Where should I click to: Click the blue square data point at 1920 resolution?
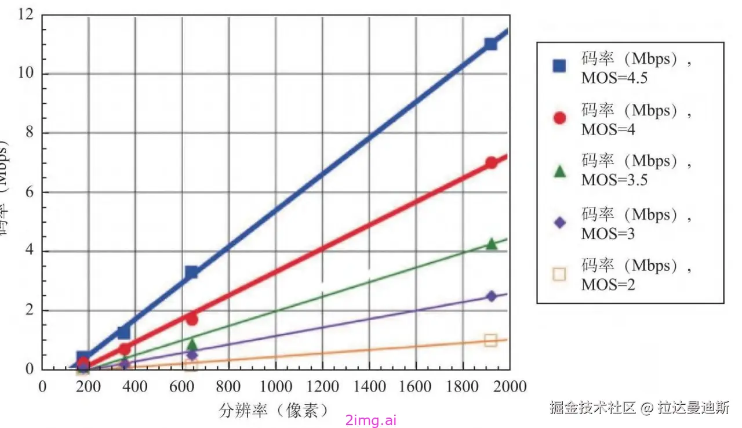(x=490, y=44)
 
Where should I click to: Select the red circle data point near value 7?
(x=491, y=163)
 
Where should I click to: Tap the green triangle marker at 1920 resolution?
(x=492, y=244)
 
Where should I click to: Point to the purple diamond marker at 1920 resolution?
(x=492, y=296)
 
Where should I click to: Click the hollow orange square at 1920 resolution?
(x=490, y=340)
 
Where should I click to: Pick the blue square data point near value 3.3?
(x=191, y=272)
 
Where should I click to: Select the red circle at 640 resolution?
(x=192, y=320)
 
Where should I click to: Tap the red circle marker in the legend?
(x=559, y=118)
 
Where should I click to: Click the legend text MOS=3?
(x=608, y=234)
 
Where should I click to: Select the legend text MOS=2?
(x=608, y=285)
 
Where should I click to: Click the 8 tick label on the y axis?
(x=30, y=133)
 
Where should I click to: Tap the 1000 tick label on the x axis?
(x=275, y=386)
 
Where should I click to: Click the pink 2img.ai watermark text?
(x=370, y=420)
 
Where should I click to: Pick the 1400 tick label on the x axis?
(x=369, y=386)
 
